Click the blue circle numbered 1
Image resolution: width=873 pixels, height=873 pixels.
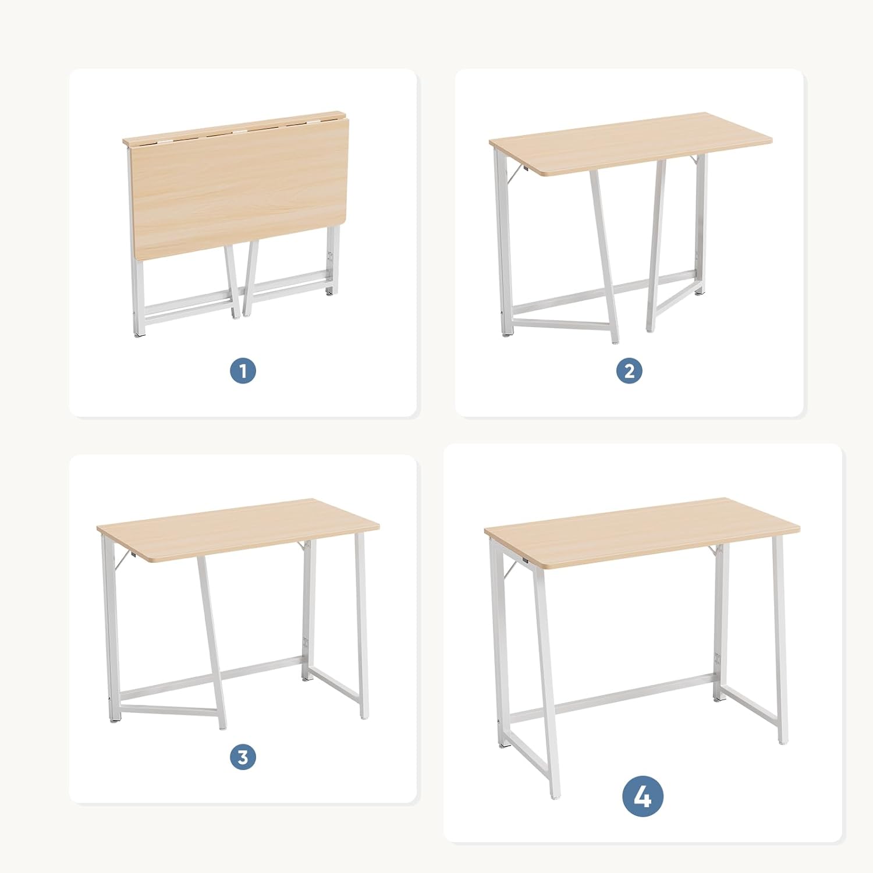[243, 370]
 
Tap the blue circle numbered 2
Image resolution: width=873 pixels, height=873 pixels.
[629, 370]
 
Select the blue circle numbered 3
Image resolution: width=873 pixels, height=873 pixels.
[243, 757]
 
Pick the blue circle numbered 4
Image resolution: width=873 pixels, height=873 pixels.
[643, 796]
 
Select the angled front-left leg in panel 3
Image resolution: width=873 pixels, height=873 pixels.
[212, 640]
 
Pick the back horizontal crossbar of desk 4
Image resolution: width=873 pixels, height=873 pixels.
[634, 693]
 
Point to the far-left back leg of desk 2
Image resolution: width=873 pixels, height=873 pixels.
[503, 244]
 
